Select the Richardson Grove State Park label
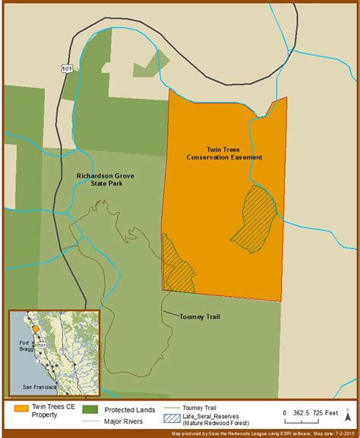(107, 179)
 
